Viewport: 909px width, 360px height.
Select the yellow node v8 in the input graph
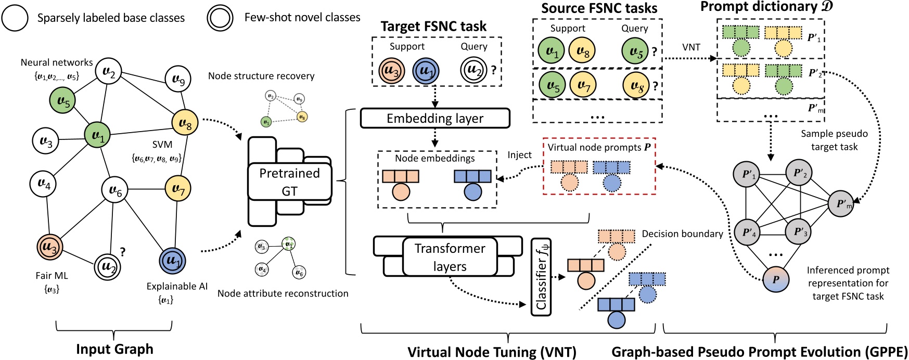(x=185, y=123)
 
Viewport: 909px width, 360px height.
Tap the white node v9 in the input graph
(x=178, y=80)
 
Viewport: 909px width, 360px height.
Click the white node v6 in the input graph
(x=115, y=191)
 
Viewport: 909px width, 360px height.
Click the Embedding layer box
(x=434, y=118)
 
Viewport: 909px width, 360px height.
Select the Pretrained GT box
(x=289, y=182)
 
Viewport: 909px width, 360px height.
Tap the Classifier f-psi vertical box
(x=541, y=277)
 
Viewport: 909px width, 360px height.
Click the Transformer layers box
(x=450, y=257)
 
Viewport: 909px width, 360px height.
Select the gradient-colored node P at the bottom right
(x=775, y=279)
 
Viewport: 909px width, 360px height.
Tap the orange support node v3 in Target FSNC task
(x=392, y=71)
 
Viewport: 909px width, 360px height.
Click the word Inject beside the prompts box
(x=519, y=155)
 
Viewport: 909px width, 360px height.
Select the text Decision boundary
(x=682, y=234)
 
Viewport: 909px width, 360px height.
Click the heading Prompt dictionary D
(x=766, y=7)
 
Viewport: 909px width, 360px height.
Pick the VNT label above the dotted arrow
(x=691, y=47)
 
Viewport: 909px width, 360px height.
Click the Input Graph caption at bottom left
(x=114, y=349)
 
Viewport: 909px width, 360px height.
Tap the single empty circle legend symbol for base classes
(x=15, y=18)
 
